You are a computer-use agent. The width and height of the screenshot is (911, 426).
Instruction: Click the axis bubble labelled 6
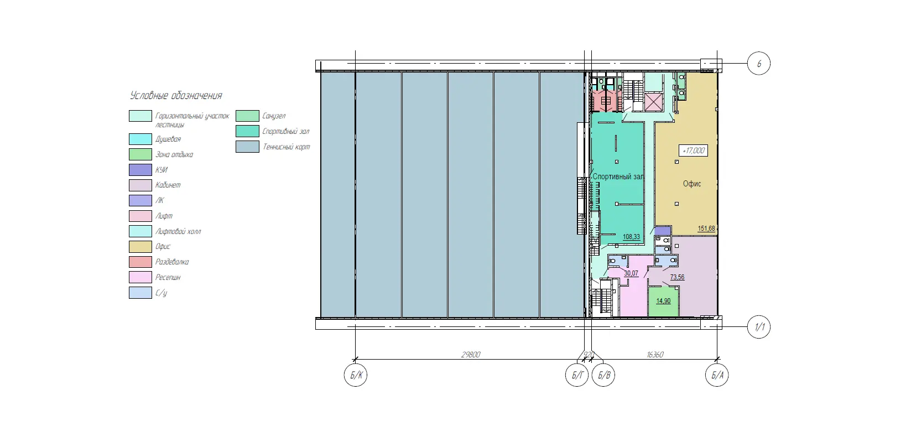759,64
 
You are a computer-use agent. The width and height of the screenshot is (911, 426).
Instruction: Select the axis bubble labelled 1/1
759,327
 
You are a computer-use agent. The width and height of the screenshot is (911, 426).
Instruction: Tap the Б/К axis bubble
356,375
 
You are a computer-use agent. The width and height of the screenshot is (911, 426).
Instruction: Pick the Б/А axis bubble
717,375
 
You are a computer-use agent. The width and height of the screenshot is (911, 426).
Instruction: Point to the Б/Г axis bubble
577,375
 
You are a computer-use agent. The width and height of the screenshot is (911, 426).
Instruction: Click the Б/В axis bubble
603,375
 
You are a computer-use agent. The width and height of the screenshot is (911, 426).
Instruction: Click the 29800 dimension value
471,355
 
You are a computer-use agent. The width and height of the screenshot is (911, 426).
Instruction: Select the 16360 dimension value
655,355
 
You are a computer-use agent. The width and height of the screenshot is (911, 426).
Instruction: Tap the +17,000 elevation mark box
694,150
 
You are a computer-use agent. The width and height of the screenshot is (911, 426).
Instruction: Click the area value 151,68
706,228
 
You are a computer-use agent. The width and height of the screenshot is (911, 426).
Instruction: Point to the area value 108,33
631,237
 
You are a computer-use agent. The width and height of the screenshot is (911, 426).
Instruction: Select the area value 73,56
677,277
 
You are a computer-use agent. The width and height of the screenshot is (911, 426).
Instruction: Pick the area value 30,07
631,273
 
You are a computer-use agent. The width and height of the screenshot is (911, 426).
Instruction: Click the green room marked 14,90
663,302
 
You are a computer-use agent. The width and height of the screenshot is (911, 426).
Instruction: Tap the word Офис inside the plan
692,184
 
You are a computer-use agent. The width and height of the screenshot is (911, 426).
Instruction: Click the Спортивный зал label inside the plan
618,176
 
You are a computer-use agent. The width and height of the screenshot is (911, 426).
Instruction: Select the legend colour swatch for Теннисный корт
247,147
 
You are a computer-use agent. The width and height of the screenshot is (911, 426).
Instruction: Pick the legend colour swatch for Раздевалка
140,262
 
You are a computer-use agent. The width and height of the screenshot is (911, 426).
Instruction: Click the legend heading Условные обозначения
176,96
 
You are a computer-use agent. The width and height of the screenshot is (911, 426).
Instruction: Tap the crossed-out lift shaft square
654,102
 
